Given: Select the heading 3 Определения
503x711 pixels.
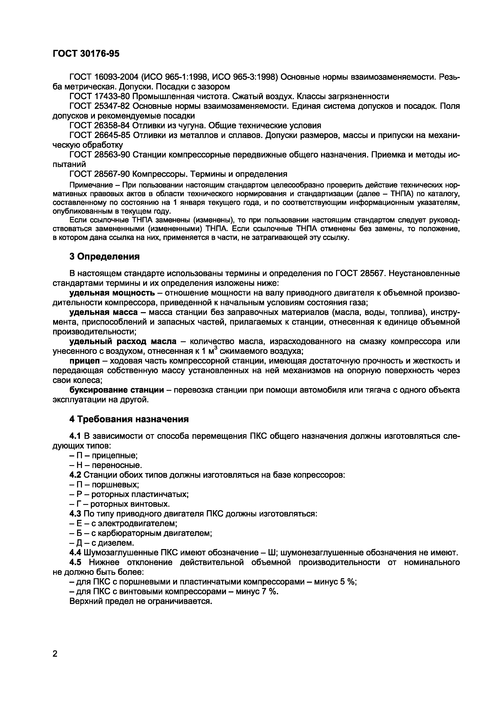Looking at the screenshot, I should click(x=104, y=256).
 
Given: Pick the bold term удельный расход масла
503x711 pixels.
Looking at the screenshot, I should click(x=123, y=341).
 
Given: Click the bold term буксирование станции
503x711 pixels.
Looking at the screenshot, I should click(x=117, y=390).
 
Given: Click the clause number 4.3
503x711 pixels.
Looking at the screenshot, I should click(x=75, y=514).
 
